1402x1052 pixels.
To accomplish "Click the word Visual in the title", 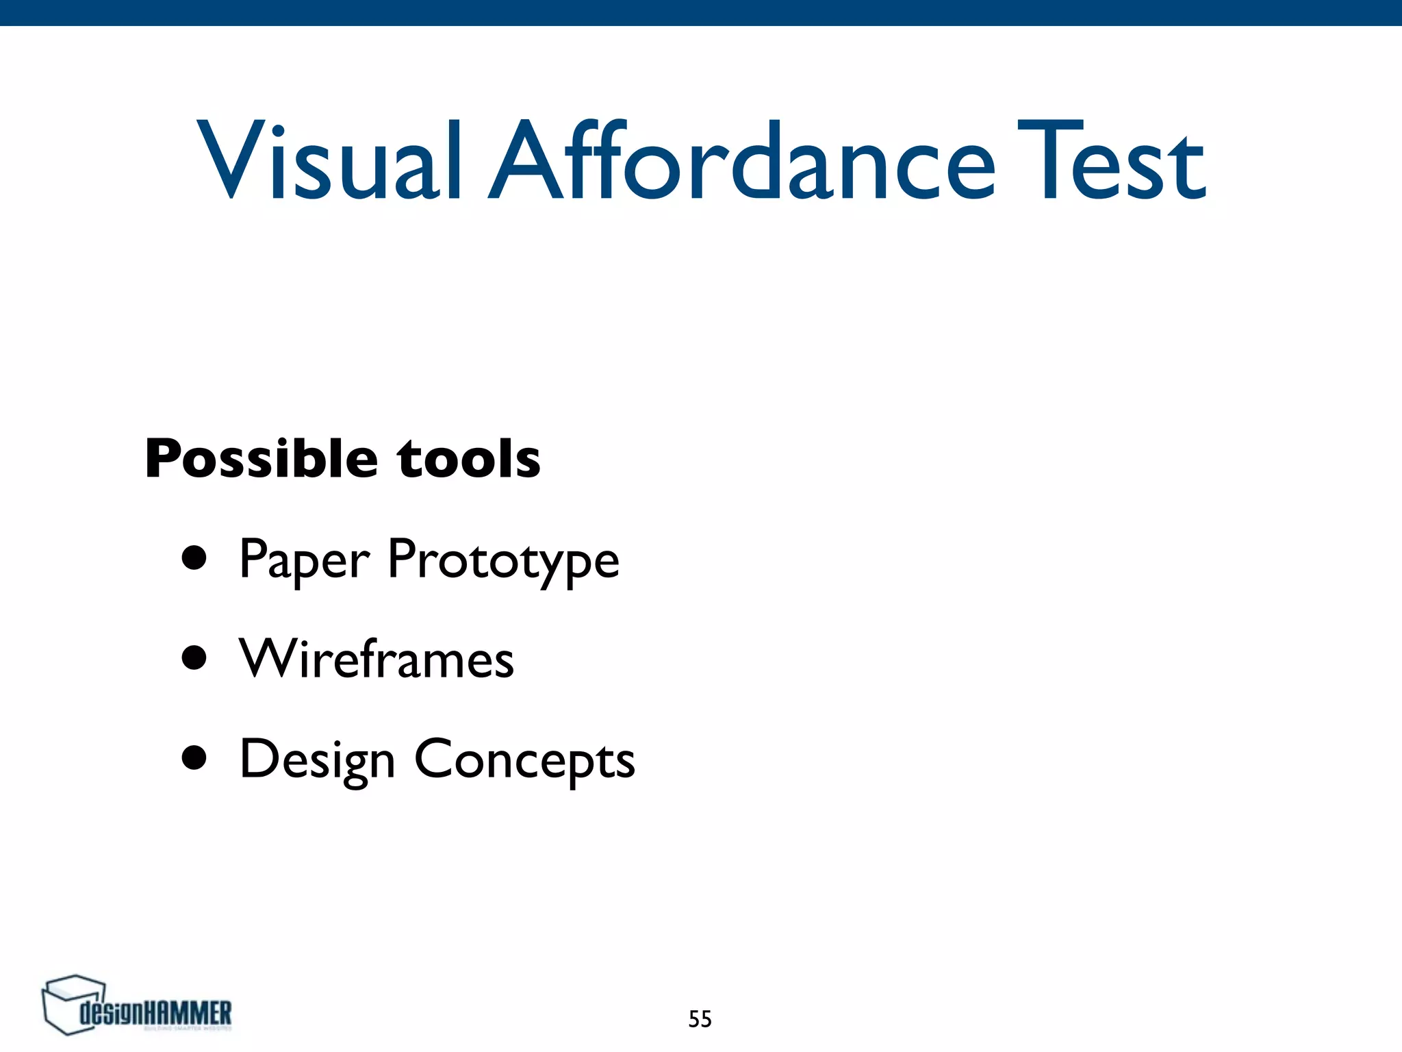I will tap(329, 162).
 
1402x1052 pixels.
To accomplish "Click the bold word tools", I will tap(469, 459).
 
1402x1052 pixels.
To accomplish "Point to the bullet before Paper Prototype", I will tap(194, 558).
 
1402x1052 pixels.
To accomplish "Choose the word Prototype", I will tap(503, 560).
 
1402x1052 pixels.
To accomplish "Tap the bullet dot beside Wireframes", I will tap(194, 657).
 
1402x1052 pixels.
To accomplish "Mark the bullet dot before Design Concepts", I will tap(194, 758).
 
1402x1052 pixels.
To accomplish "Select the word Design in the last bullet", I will tap(318, 760).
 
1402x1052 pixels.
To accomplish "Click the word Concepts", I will tap(524, 760).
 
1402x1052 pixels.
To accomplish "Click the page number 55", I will tap(700, 1019).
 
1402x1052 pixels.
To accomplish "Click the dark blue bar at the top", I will tap(701, 12).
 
